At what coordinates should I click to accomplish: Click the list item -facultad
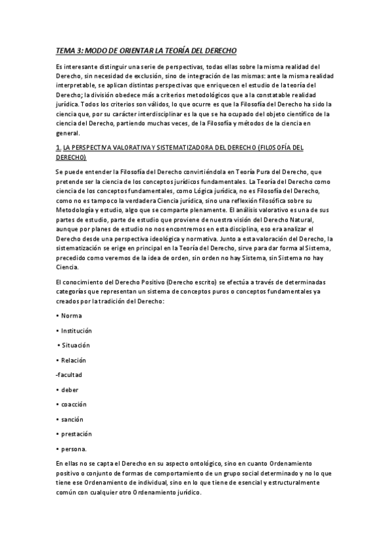pos(69,374)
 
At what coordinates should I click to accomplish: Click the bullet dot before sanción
pos(57,419)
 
